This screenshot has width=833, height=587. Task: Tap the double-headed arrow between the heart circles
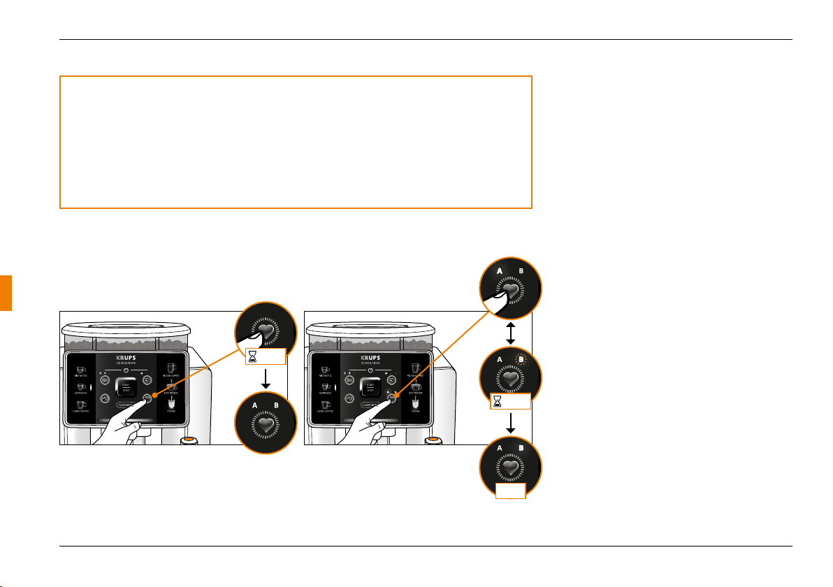[x=511, y=334]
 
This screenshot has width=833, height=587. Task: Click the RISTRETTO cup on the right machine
[x=325, y=370]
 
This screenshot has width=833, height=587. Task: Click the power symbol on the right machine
[x=371, y=370]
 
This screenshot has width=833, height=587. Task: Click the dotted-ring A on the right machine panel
[x=387, y=393]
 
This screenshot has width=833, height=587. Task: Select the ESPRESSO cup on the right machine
[x=325, y=386]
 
